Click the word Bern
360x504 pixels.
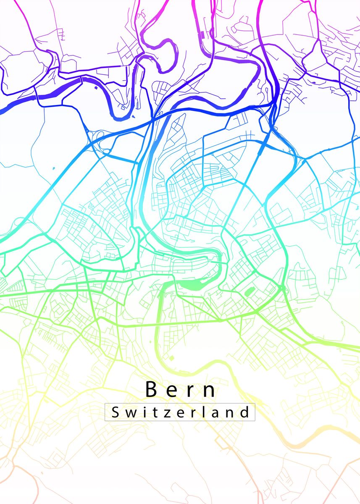click(181, 390)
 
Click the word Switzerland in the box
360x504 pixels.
click(180, 412)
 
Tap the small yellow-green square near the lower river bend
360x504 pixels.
click(171, 358)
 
